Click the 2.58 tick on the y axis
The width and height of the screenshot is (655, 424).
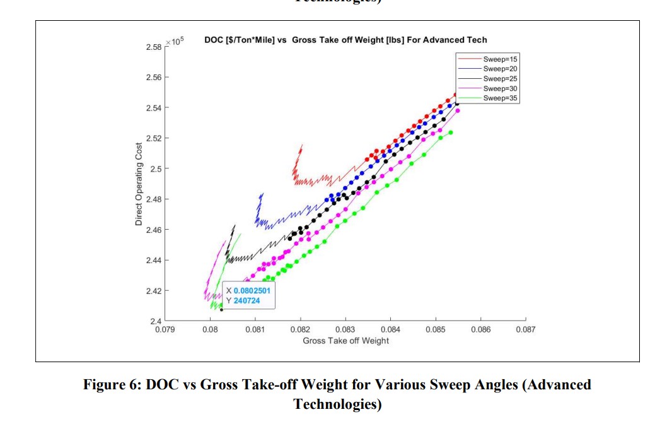point(153,47)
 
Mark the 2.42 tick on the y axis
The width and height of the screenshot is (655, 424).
point(153,291)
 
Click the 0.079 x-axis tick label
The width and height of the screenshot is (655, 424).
point(165,329)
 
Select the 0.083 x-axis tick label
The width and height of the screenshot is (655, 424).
point(345,329)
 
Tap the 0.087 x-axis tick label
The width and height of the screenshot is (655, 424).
point(525,329)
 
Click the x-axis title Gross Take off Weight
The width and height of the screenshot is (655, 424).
point(345,341)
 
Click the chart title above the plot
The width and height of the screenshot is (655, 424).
point(345,40)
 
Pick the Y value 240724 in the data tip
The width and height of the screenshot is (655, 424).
point(246,301)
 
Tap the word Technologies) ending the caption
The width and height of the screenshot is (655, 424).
point(337,404)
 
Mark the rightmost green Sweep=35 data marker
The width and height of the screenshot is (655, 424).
point(451,132)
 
